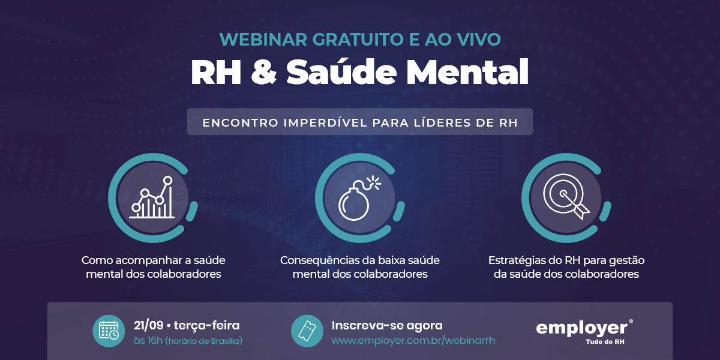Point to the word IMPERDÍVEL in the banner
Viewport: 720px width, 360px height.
point(325,122)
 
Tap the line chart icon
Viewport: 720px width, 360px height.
point(152,197)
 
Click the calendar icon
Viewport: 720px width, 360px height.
point(109,331)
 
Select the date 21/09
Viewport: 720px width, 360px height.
point(149,326)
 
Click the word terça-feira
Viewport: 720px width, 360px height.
point(206,326)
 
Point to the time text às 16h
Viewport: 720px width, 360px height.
point(148,340)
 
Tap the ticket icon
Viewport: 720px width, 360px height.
point(307,331)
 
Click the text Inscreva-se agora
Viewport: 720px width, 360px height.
point(387,326)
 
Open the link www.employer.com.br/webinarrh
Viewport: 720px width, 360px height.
point(413,341)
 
